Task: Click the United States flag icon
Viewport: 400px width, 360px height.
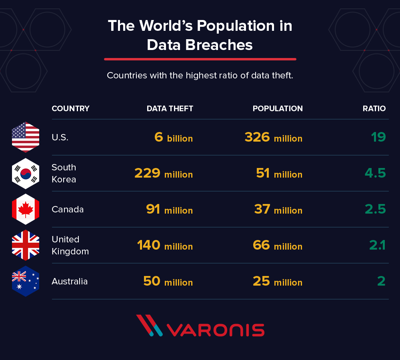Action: [26, 137]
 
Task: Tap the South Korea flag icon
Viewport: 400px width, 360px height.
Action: [26, 173]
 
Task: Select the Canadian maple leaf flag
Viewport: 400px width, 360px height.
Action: [26, 209]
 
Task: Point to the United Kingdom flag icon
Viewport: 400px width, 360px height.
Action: [26, 245]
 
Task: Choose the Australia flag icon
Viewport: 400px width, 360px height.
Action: [26, 281]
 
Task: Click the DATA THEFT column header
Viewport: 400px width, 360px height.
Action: [170, 108]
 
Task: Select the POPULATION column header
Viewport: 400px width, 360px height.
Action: [278, 108]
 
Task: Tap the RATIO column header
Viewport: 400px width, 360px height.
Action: [374, 108]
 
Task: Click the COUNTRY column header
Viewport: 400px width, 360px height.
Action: [70, 108]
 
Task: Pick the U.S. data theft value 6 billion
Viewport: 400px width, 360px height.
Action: [174, 138]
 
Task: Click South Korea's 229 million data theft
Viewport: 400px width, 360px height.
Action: [164, 174]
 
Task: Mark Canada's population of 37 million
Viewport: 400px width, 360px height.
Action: [278, 210]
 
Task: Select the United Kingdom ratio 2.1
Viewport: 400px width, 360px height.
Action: [377, 245]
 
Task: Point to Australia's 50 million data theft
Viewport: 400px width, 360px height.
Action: [168, 282]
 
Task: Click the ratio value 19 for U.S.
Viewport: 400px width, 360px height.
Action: [378, 137]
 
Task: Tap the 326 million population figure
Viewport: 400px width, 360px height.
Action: [273, 138]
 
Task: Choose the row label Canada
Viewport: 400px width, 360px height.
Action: [68, 209]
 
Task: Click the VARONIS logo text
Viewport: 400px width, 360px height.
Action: [215, 330]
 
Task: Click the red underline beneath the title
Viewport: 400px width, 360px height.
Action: [200, 59]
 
